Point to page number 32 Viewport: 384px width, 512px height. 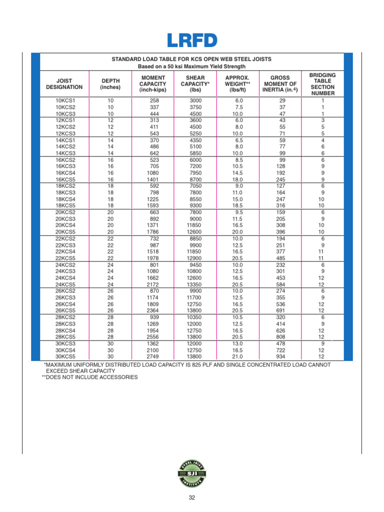pyautogui.click(x=191, y=497)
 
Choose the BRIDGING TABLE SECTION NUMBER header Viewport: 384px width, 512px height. pyautogui.click(x=322, y=83)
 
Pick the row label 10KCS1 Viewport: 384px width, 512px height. pyautogui.click(x=65, y=101)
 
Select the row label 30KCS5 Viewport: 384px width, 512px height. pyautogui.click(x=65, y=356)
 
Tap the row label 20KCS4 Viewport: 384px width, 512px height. pyautogui.click(x=65, y=225)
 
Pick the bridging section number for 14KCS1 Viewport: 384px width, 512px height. pyautogui.click(x=322, y=140)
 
